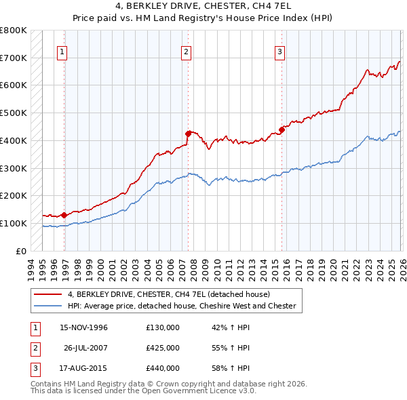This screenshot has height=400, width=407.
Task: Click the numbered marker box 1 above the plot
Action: [x=62, y=51]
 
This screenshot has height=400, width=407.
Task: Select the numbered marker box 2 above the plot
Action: [x=186, y=51]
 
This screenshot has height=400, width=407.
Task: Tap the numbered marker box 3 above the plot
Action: [x=279, y=51]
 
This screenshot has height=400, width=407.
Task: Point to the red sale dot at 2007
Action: [x=188, y=134]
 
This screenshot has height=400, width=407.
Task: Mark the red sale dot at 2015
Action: [x=282, y=129]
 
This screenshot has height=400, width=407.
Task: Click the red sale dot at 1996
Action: [x=64, y=215]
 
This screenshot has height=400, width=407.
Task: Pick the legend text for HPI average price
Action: [x=181, y=306]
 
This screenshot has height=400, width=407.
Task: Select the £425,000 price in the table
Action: [x=163, y=348]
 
